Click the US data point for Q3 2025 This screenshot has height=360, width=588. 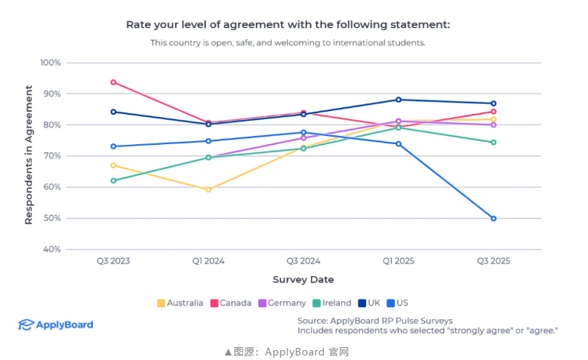pos(493,218)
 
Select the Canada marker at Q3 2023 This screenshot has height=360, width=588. pos(113,82)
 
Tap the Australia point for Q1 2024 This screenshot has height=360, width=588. pos(208,189)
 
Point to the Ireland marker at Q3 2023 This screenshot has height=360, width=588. pos(113,180)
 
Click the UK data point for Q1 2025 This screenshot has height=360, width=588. pos(399,100)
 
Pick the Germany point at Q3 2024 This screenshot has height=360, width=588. pos(303,138)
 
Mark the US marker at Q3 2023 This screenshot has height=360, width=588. pos(113,146)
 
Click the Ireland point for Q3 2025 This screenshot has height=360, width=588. pos(493,142)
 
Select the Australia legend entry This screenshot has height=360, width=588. pos(180,303)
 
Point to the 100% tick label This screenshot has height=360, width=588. pos(51,63)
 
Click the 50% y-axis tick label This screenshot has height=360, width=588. pos(52,218)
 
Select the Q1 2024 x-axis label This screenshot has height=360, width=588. pos(208,261)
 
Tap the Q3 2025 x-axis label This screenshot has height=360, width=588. pos(493,261)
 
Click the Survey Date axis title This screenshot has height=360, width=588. pos(303,279)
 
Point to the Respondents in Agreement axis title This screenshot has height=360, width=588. pos(29,155)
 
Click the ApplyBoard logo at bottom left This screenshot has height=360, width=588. pos(56,325)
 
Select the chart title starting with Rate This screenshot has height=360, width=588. pos(288,24)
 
